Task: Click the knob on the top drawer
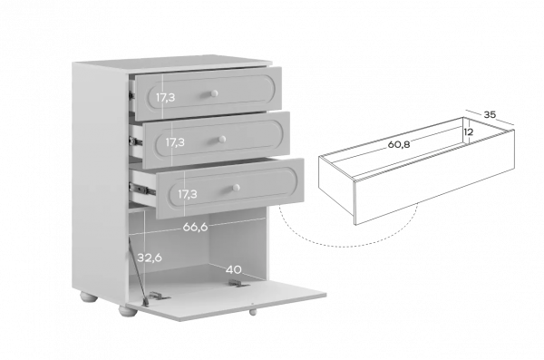point(213,93)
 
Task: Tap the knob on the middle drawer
point(222,140)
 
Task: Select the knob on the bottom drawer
point(235,188)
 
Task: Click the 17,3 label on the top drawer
point(166,98)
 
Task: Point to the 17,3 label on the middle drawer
point(175,142)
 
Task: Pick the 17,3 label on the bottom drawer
point(188,194)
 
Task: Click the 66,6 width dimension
point(195,227)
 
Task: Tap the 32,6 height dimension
point(150,258)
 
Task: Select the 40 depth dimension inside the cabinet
point(234,269)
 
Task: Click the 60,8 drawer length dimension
point(399,144)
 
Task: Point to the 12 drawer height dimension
point(469,131)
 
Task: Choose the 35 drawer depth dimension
point(490,114)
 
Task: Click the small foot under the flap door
point(253,312)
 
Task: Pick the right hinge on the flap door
point(239,284)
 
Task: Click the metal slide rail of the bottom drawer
point(142,190)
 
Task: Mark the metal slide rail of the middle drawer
point(135,141)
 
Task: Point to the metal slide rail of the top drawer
point(131,95)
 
